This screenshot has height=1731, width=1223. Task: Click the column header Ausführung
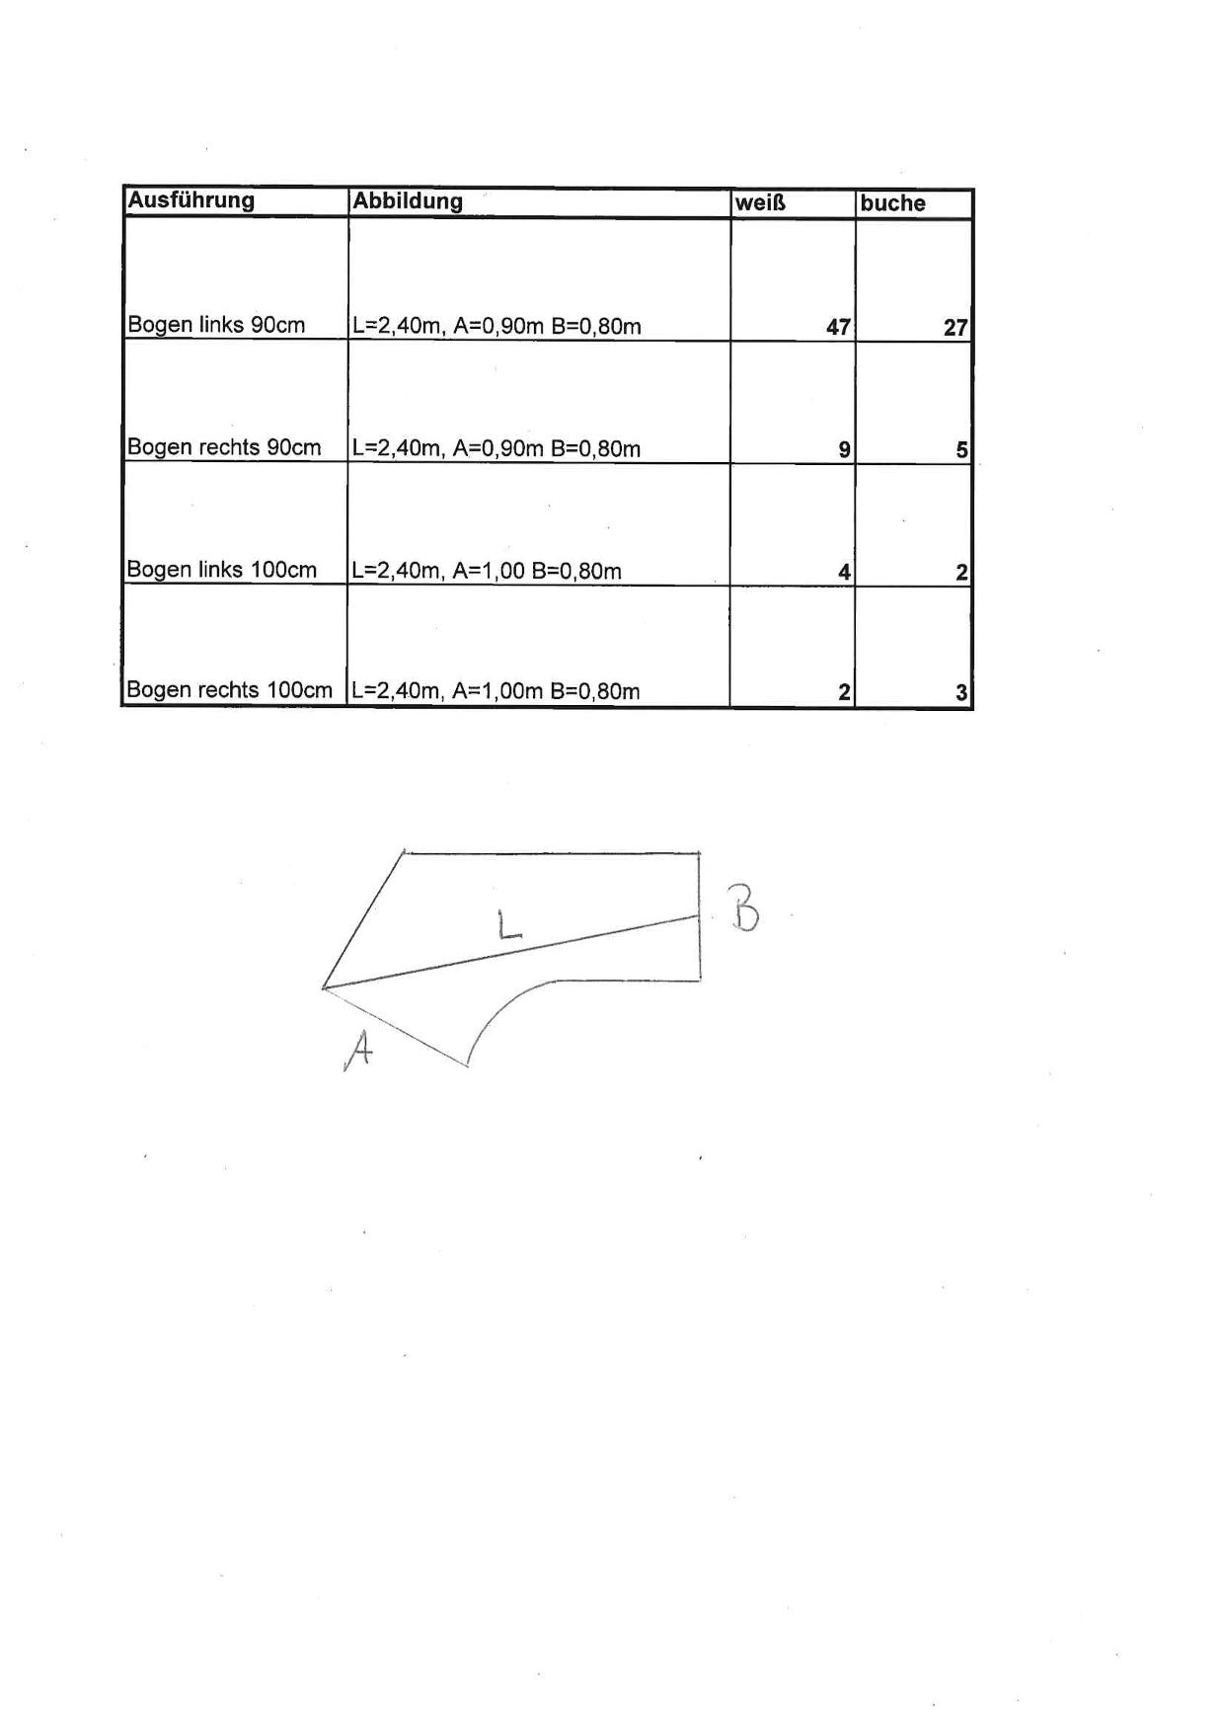191,200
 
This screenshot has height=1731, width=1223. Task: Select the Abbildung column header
408,201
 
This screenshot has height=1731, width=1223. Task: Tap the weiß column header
760,204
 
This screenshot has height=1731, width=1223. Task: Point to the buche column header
892,203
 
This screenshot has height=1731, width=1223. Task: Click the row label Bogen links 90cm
216,325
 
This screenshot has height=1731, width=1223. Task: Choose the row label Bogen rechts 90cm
224,447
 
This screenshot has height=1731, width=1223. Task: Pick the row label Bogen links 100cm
222,570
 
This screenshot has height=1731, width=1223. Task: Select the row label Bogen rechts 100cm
230,690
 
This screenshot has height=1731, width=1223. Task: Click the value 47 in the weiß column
838,327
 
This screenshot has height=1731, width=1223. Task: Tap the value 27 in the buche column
955,327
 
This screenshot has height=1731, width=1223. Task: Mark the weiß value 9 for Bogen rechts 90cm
844,449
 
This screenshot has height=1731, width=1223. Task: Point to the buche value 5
961,449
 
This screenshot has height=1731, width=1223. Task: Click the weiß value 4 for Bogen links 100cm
844,572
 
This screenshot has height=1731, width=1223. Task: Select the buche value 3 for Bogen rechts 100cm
961,692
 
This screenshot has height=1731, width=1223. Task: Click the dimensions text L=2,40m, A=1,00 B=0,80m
487,571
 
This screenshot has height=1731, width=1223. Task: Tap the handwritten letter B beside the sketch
743,907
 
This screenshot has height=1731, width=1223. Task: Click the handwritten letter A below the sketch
358,1050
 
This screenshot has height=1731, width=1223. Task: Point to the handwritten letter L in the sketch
508,924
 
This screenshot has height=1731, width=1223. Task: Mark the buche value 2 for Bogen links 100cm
961,572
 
